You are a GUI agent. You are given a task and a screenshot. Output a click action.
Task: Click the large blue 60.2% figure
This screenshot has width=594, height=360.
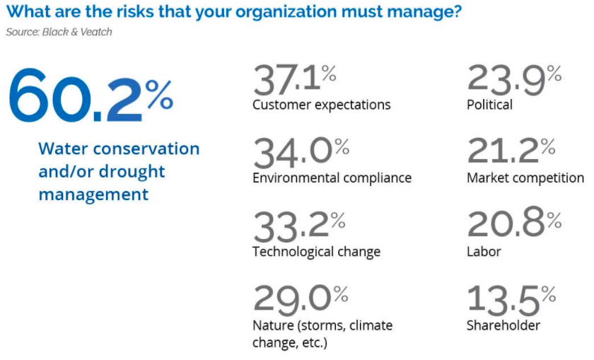[91, 95]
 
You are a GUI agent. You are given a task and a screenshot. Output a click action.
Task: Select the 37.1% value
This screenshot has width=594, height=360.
[295, 79]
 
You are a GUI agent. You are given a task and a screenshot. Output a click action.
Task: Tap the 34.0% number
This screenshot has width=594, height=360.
[301, 152]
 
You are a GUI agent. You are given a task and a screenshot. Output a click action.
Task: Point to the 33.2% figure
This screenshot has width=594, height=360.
[299, 226]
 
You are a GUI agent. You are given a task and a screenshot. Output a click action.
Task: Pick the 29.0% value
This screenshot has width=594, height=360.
[301, 300]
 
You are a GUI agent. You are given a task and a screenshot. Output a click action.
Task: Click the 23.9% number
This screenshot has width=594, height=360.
[515, 79]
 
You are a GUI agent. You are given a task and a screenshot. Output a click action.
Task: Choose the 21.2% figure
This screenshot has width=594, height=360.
[511, 151]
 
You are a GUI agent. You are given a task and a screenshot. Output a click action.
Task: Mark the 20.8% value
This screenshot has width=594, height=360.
[515, 223]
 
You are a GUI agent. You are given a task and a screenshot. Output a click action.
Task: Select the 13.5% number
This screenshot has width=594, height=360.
[511, 300]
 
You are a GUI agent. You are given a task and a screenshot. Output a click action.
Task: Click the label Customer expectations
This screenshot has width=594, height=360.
[322, 105]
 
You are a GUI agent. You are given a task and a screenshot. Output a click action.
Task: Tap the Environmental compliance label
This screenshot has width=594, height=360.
[332, 178]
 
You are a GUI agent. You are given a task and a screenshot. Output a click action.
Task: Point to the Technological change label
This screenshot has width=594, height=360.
[317, 252]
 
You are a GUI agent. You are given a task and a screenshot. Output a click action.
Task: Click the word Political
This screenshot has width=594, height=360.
[489, 104]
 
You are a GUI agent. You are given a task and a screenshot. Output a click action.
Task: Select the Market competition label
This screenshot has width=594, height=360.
[525, 178]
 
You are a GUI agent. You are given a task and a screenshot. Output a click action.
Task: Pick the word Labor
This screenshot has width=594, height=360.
[484, 251]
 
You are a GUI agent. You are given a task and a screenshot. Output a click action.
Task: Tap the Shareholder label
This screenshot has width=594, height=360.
[503, 325]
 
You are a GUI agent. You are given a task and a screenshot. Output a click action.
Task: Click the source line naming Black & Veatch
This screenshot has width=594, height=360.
[59, 32]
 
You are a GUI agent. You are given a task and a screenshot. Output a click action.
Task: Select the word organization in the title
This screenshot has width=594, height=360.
[286, 12]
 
